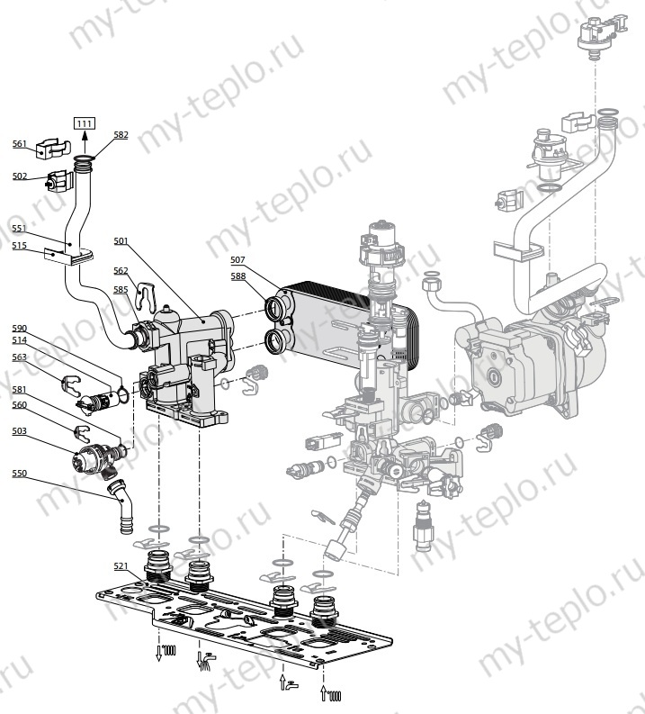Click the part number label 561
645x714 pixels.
point(20,144)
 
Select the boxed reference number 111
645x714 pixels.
point(84,123)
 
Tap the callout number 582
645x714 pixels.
point(121,135)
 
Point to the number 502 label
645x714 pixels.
point(20,176)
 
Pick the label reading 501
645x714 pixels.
point(121,240)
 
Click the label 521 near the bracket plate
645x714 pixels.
point(121,565)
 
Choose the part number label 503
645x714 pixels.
point(19,431)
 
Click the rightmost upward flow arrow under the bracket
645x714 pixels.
point(324,691)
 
